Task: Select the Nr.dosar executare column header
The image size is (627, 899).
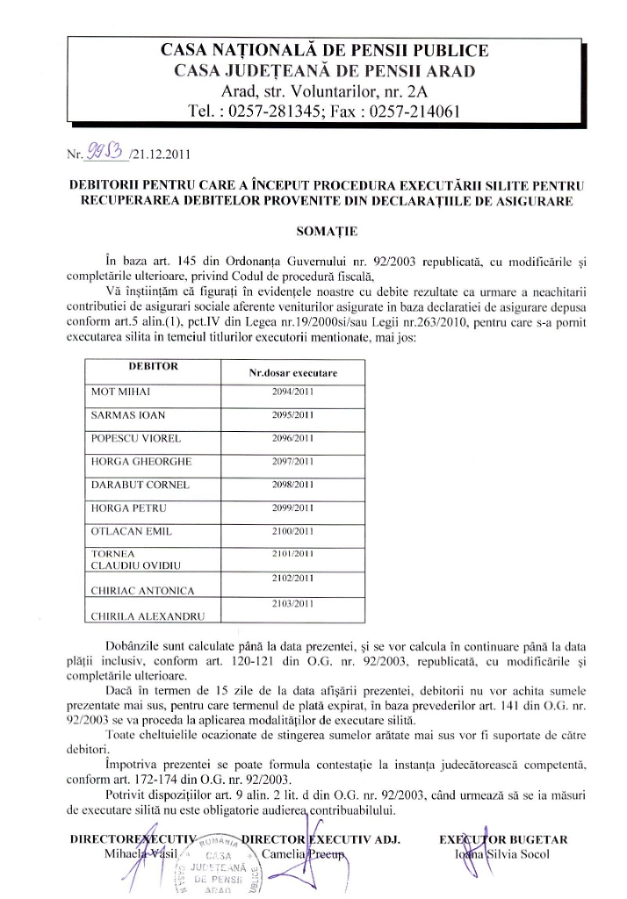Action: pos(292,373)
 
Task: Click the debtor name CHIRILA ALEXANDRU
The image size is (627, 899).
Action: pos(137,616)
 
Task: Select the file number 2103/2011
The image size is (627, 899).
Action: pos(292,605)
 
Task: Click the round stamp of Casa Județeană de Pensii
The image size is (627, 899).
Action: pos(214,865)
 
